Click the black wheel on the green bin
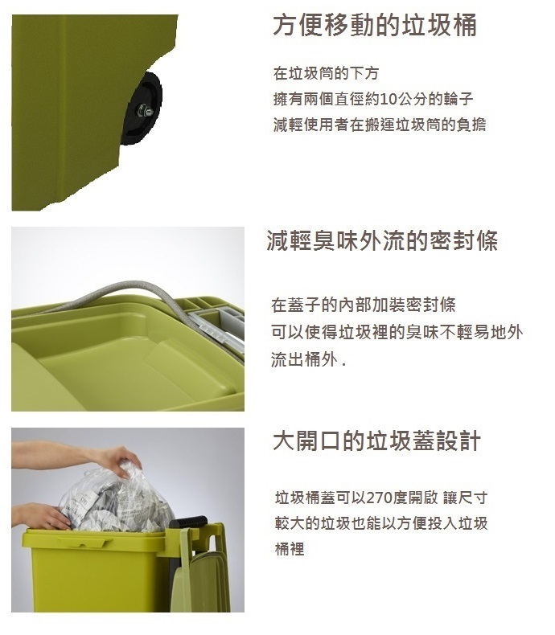point(142,109)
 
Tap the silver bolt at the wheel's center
point(143,110)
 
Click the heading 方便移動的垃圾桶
point(375,25)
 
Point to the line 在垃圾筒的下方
point(326,73)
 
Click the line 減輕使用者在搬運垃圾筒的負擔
point(380,125)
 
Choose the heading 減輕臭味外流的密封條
point(382,240)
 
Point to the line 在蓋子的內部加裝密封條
point(364,305)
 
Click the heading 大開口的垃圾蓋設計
point(376,440)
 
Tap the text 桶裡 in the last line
point(290,549)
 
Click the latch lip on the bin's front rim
point(84,543)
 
